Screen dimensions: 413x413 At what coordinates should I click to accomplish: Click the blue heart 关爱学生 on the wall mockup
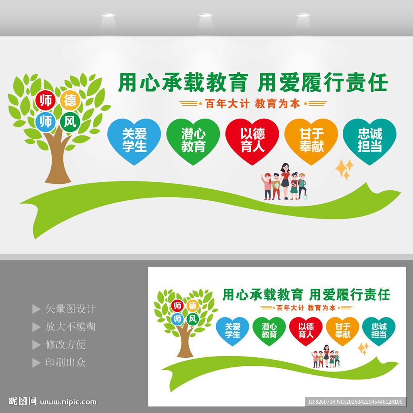coord(134,140)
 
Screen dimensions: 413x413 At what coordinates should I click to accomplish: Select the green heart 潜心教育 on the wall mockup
coord(193,140)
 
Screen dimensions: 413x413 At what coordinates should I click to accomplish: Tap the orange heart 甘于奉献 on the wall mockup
coord(311,140)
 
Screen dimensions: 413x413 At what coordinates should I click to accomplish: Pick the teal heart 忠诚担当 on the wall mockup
coord(369,140)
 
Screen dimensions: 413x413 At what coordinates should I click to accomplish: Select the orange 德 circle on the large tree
coord(70,100)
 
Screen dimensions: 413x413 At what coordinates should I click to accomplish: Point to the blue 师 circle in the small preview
coord(177,319)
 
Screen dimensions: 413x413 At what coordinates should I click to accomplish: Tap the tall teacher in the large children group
coord(286,179)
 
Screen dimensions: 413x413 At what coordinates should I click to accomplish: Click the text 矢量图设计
coord(70,309)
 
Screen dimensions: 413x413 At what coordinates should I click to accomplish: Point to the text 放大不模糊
coord(70,327)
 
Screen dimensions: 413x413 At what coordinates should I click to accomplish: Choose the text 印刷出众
coord(65,362)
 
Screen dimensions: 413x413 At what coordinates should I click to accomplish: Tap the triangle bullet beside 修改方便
coord(36,345)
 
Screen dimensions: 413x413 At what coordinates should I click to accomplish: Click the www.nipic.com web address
coord(69,402)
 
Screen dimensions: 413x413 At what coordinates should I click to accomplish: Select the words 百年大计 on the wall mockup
coord(227,104)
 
